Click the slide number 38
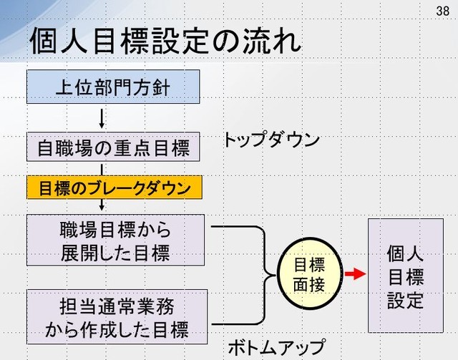tap(442, 11)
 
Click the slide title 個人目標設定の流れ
tap(165, 41)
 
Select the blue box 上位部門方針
tap(113, 87)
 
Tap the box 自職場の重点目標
tap(113, 147)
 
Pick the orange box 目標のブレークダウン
tap(114, 188)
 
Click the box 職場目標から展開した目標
tap(115, 240)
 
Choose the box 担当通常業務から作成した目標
tap(117, 317)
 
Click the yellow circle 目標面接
tap(310, 273)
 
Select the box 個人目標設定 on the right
tap(406, 276)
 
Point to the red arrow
tap(355, 274)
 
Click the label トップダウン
tap(271, 140)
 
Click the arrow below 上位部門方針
tap(102, 118)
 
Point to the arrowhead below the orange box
tap(102, 207)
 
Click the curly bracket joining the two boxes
tap(264, 275)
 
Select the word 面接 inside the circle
tap(309, 284)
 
